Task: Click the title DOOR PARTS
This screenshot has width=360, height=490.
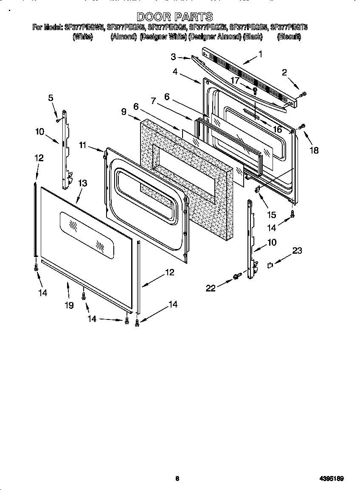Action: click(x=174, y=17)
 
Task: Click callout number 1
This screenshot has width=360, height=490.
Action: click(x=260, y=54)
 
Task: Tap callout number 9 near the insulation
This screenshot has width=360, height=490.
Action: click(x=124, y=112)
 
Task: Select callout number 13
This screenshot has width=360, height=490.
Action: click(x=83, y=183)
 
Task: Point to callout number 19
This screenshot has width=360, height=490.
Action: click(x=69, y=305)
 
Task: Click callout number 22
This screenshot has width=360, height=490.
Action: click(x=211, y=288)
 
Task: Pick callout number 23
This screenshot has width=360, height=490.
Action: click(x=297, y=251)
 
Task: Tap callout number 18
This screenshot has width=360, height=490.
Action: click(x=314, y=150)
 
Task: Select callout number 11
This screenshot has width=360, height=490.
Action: click(x=82, y=146)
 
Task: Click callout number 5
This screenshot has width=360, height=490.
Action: click(x=51, y=98)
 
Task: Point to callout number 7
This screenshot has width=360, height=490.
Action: click(x=153, y=101)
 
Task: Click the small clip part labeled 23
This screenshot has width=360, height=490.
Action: click(x=269, y=266)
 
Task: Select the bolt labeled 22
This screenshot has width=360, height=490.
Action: click(x=236, y=277)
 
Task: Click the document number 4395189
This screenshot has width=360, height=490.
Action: click(x=332, y=479)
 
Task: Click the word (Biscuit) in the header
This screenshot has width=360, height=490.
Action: click(x=289, y=37)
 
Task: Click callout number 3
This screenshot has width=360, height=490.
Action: click(x=173, y=56)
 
